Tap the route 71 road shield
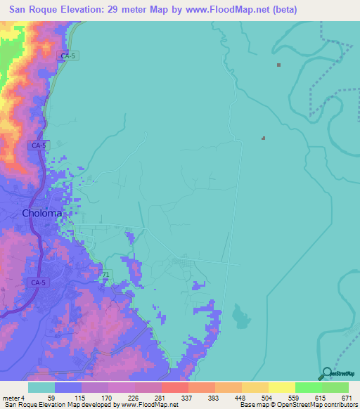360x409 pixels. click(x=106, y=273)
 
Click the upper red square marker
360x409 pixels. click(x=279, y=65)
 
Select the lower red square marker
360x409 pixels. click(x=264, y=138)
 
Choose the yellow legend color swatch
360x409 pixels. click(x=281, y=387)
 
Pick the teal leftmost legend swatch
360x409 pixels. click(x=41, y=387)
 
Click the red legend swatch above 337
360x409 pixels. click(x=174, y=387)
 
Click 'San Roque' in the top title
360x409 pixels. click(x=34, y=10)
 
